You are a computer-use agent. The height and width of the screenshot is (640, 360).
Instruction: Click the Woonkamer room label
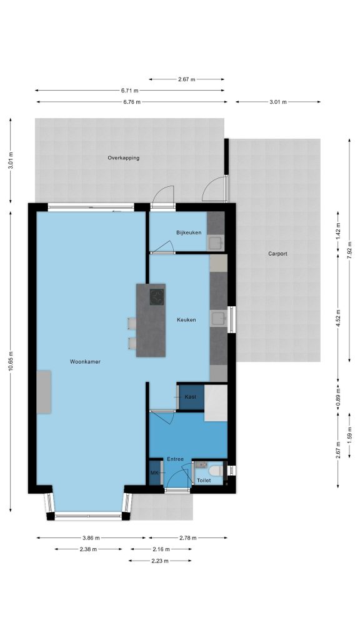pos(85,362)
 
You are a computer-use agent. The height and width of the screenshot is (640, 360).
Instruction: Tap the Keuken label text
pos(186,320)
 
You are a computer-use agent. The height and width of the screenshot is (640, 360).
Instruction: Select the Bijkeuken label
pos(189,232)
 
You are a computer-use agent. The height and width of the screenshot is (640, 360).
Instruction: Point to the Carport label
pos(277,254)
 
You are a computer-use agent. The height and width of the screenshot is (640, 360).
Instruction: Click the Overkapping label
pos(124,158)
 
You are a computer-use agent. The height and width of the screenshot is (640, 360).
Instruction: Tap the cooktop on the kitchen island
pos(157,297)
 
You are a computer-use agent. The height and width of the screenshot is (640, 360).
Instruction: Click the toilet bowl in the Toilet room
pos(216,471)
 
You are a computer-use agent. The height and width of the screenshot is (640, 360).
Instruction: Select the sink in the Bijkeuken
pos(216,243)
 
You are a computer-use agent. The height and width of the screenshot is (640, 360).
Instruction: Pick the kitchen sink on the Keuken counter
pos(218,318)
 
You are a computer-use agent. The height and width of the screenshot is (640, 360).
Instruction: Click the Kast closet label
pos(190,397)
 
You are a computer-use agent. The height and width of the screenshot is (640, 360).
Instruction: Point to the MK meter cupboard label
pos(154,472)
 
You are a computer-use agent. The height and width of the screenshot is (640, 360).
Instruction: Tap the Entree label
pos(175,459)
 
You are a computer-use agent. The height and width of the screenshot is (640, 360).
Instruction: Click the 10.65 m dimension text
pos(11,361)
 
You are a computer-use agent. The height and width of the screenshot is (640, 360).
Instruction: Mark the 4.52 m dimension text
pos(338,318)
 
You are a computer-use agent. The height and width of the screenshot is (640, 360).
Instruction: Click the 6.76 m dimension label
pos(132,102)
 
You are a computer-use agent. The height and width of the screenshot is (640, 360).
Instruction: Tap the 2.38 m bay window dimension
pos(88,549)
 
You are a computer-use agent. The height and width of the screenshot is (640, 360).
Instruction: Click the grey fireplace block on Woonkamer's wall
pos(44,392)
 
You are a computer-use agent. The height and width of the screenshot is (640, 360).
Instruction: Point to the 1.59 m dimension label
pos(349,435)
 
